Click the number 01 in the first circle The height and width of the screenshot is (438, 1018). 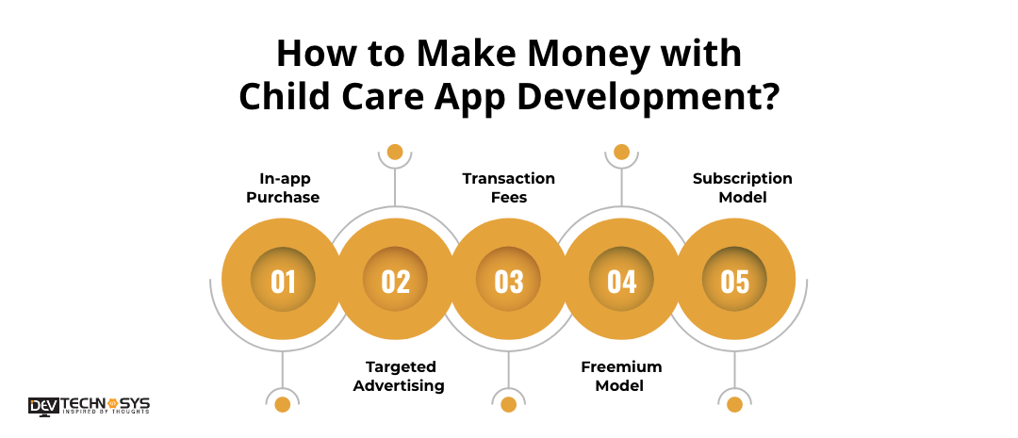pos(283,282)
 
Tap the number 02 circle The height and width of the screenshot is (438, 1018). pos(395,280)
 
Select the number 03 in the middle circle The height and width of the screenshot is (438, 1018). pos(509,282)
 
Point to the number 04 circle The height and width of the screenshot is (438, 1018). pos(621,280)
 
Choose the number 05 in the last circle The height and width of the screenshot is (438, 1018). pos(734,282)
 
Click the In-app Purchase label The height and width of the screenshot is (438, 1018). pos(283,187)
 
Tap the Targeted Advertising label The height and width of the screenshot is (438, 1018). pos(399,377)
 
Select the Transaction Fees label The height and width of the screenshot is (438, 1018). pos(509,187)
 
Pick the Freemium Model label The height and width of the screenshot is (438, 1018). pos(621,377)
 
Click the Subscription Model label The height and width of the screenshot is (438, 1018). pos(743,187)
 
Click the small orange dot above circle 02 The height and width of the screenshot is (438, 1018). pos(395,152)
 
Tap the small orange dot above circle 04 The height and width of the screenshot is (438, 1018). pos(621,152)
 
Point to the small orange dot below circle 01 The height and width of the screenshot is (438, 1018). pos(283,405)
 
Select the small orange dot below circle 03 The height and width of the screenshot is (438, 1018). pos(508,405)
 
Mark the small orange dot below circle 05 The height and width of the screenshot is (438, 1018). pos(734,405)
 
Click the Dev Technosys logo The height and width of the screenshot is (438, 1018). pos(89,406)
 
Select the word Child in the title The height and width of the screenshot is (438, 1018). pos(279,97)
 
